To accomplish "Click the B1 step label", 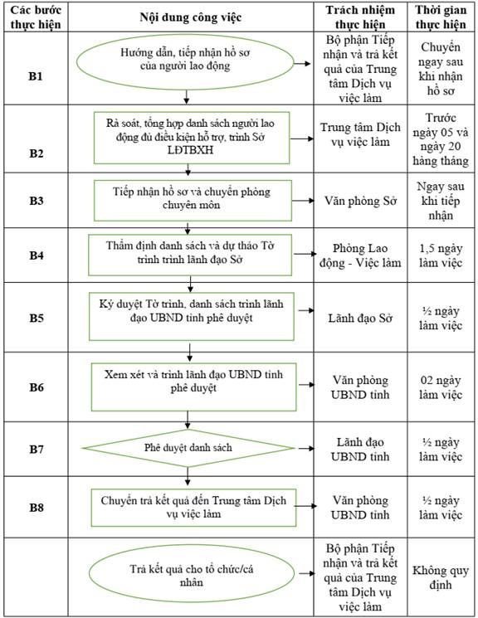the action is [x=35, y=76].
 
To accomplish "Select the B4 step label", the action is [x=36, y=255].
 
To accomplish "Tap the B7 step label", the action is [x=36, y=449].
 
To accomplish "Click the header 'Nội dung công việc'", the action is [x=191, y=17].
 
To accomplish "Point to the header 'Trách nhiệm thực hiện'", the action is [x=360, y=17].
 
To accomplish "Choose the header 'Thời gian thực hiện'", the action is [x=441, y=17].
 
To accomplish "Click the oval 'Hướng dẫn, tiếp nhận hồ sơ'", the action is [x=185, y=62].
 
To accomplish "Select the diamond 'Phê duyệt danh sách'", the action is [x=188, y=448].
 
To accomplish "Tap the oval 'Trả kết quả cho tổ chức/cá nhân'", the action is [x=192, y=574].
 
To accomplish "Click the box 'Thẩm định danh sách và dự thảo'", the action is [x=190, y=255].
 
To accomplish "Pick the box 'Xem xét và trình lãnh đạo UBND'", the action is [x=193, y=387].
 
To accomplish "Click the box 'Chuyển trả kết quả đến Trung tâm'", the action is [x=193, y=508].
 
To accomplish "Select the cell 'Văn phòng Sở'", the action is [x=360, y=201].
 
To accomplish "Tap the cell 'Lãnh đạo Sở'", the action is [x=360, y=318].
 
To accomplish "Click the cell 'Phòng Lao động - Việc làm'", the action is [x=360, y=255].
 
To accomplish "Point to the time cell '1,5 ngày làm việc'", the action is [x=441, y=255].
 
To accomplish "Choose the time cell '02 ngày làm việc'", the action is [x=441, y=387].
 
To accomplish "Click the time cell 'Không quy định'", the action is [x=441, y=577].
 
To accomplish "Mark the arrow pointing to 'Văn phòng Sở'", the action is [x=303, y=201].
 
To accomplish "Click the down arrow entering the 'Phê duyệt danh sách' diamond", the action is [x=188, y=420].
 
